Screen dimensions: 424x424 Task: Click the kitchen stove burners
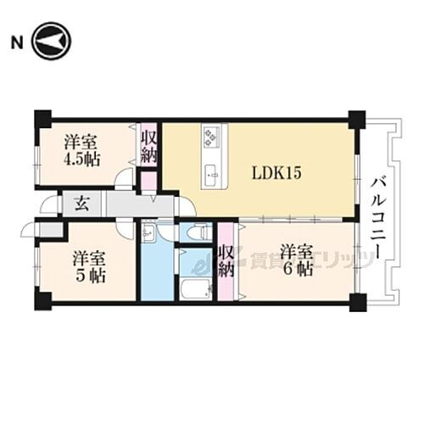[212, 136]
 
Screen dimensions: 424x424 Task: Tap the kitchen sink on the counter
[212, 176]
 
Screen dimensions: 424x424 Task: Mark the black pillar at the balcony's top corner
[357, 118]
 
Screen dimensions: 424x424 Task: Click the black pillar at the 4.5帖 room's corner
[42, 118]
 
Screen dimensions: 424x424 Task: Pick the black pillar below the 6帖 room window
[357, 301]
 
